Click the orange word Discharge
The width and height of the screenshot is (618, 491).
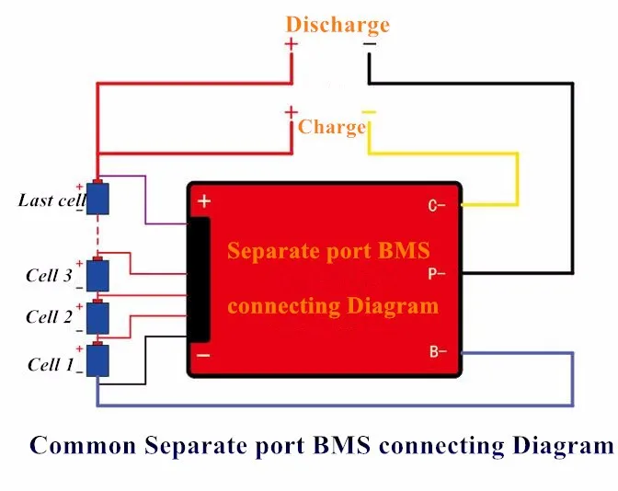[338, 25]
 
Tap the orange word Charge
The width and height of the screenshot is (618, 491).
[332, 127]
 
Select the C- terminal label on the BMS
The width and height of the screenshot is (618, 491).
[436, 206]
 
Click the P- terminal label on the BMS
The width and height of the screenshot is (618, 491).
[436, 273]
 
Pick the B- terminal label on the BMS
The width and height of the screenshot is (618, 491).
[438, 351]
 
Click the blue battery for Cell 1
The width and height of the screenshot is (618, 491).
[97, 360]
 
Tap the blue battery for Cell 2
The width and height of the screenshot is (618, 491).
[97, 318]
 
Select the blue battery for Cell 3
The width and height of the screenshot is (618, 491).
[97, 276]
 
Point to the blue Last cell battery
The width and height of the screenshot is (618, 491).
[97, 199]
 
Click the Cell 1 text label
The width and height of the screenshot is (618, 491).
[51, 364]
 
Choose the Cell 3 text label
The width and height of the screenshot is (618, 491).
[50, 276]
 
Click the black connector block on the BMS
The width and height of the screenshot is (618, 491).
[199, 280]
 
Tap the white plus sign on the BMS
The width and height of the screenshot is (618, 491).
[204, 201]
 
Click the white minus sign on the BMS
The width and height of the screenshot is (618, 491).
[203, 356]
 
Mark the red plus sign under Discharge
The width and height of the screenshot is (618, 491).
[292, 44]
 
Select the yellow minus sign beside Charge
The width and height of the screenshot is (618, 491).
[370, 112]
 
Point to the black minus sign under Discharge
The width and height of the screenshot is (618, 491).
[370, 44]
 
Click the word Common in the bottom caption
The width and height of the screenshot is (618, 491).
[83, 446]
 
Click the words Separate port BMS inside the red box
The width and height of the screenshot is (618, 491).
[328, 251]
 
